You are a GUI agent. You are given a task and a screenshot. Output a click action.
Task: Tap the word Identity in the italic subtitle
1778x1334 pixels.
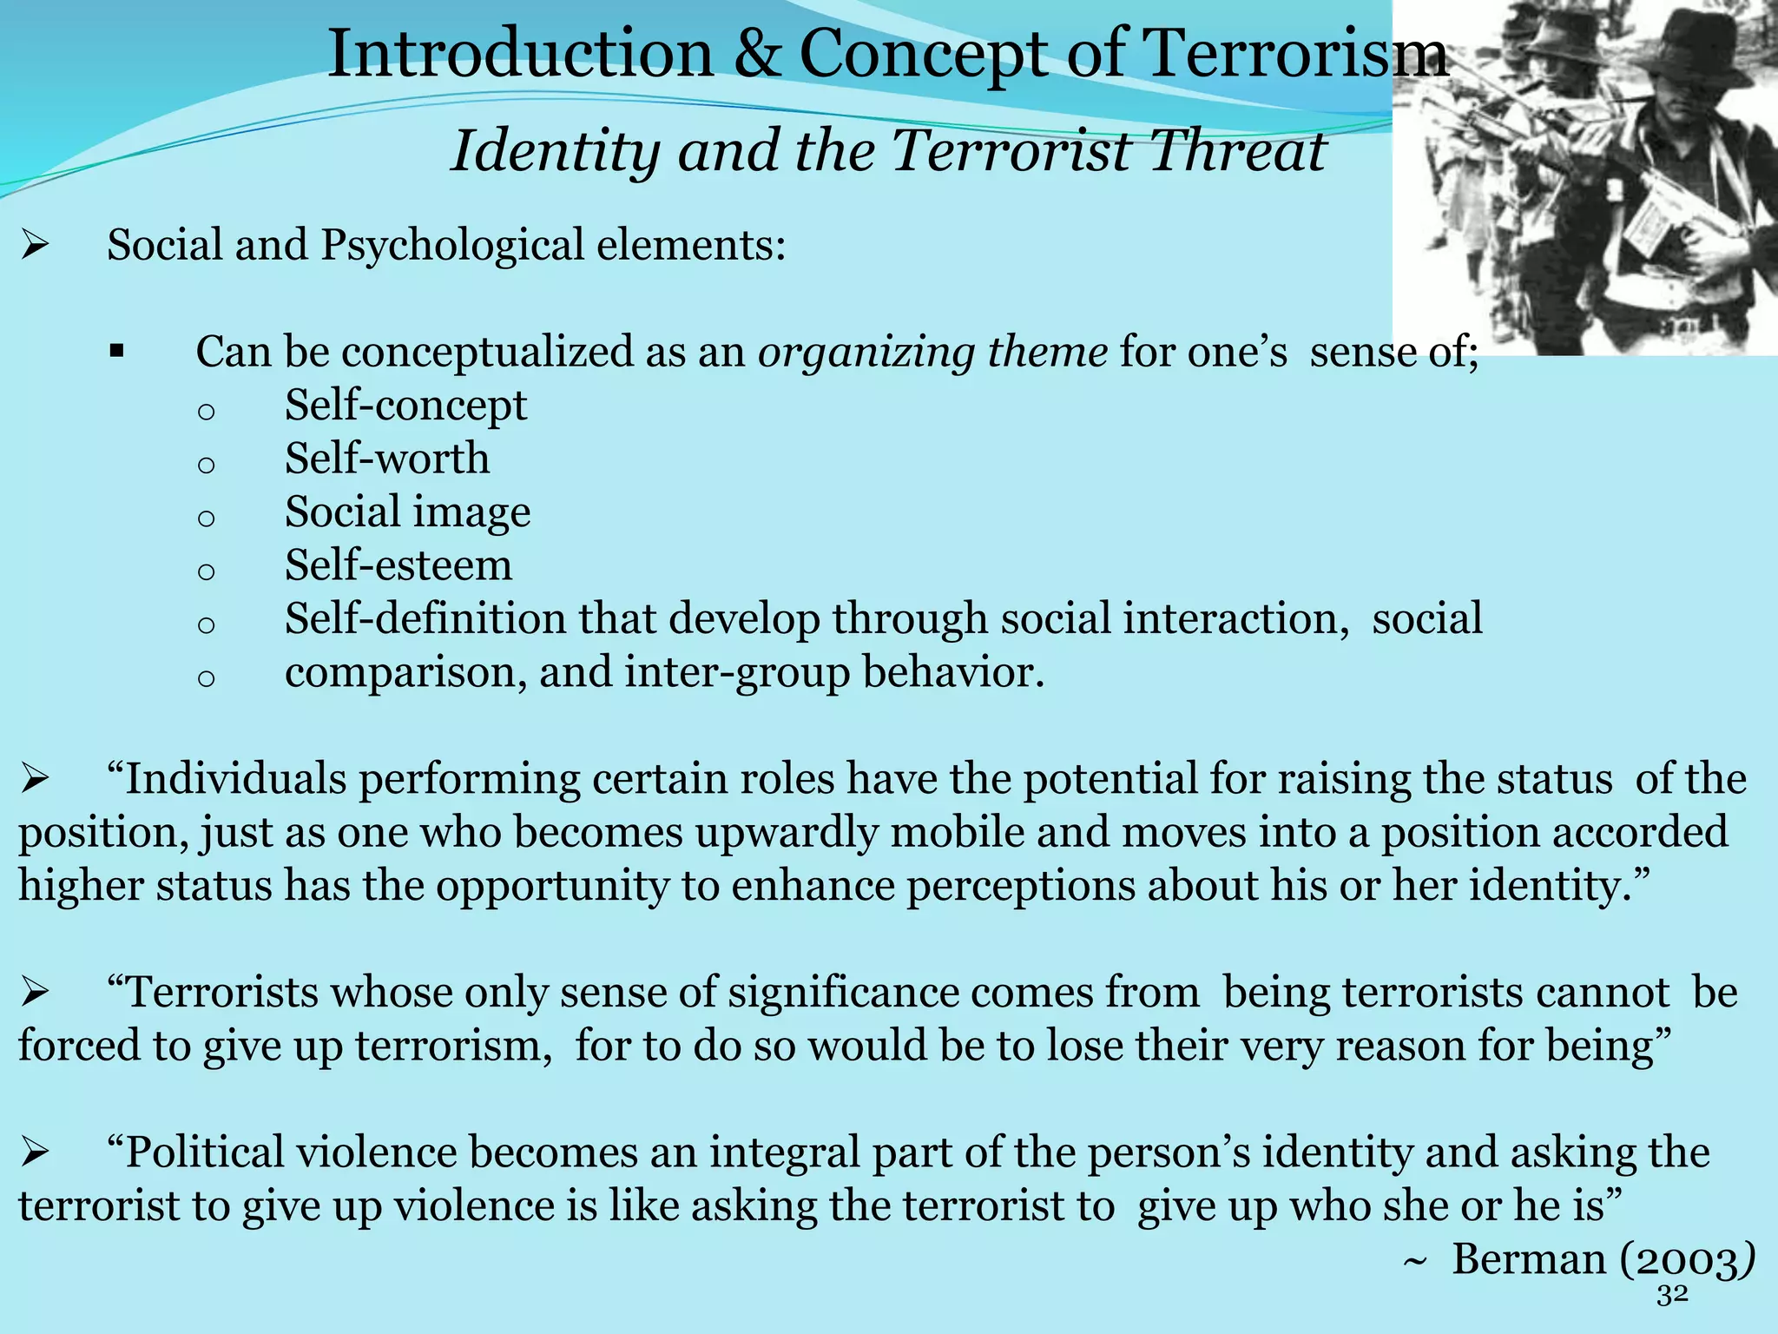pos(556,151)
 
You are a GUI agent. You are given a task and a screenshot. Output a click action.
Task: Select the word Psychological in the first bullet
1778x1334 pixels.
pos(451,245)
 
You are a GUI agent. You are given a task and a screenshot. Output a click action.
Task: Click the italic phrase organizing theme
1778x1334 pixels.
pos(932,352)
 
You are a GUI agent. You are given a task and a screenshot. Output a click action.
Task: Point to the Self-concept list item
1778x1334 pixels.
pos(405,406)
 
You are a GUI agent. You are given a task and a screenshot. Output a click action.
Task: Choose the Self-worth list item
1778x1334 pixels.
pos(387,459)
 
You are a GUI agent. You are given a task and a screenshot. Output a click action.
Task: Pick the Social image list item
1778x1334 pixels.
pos(407,512)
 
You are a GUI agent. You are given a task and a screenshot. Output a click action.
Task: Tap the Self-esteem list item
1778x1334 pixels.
pos(398,565)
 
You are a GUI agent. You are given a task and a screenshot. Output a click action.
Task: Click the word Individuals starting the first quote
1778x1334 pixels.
pos(236,779)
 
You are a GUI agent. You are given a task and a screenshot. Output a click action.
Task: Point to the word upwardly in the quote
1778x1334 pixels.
pos(787,832)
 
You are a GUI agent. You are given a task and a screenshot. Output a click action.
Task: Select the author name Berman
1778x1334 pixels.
pos(1529,1259)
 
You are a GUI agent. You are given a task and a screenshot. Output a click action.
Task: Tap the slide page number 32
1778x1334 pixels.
pos(1672,1295)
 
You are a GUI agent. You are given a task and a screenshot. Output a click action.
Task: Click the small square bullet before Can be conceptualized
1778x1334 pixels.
pos(117,353)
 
